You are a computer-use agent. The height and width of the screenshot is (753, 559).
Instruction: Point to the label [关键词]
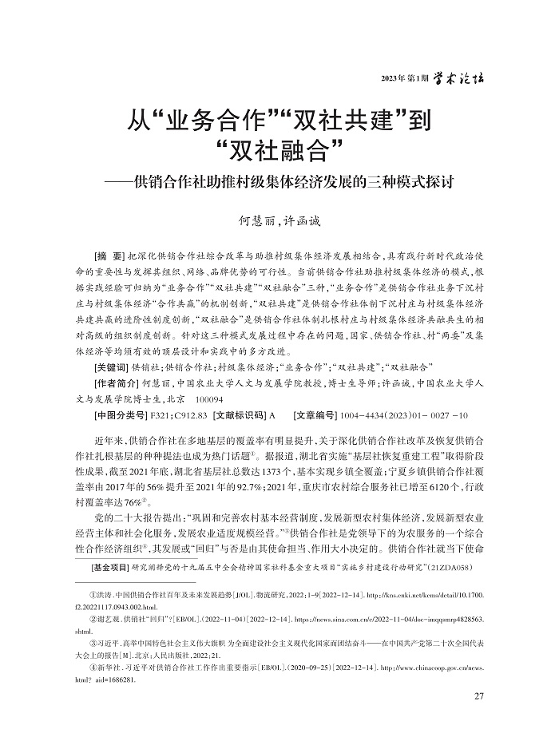click(111, 367)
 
